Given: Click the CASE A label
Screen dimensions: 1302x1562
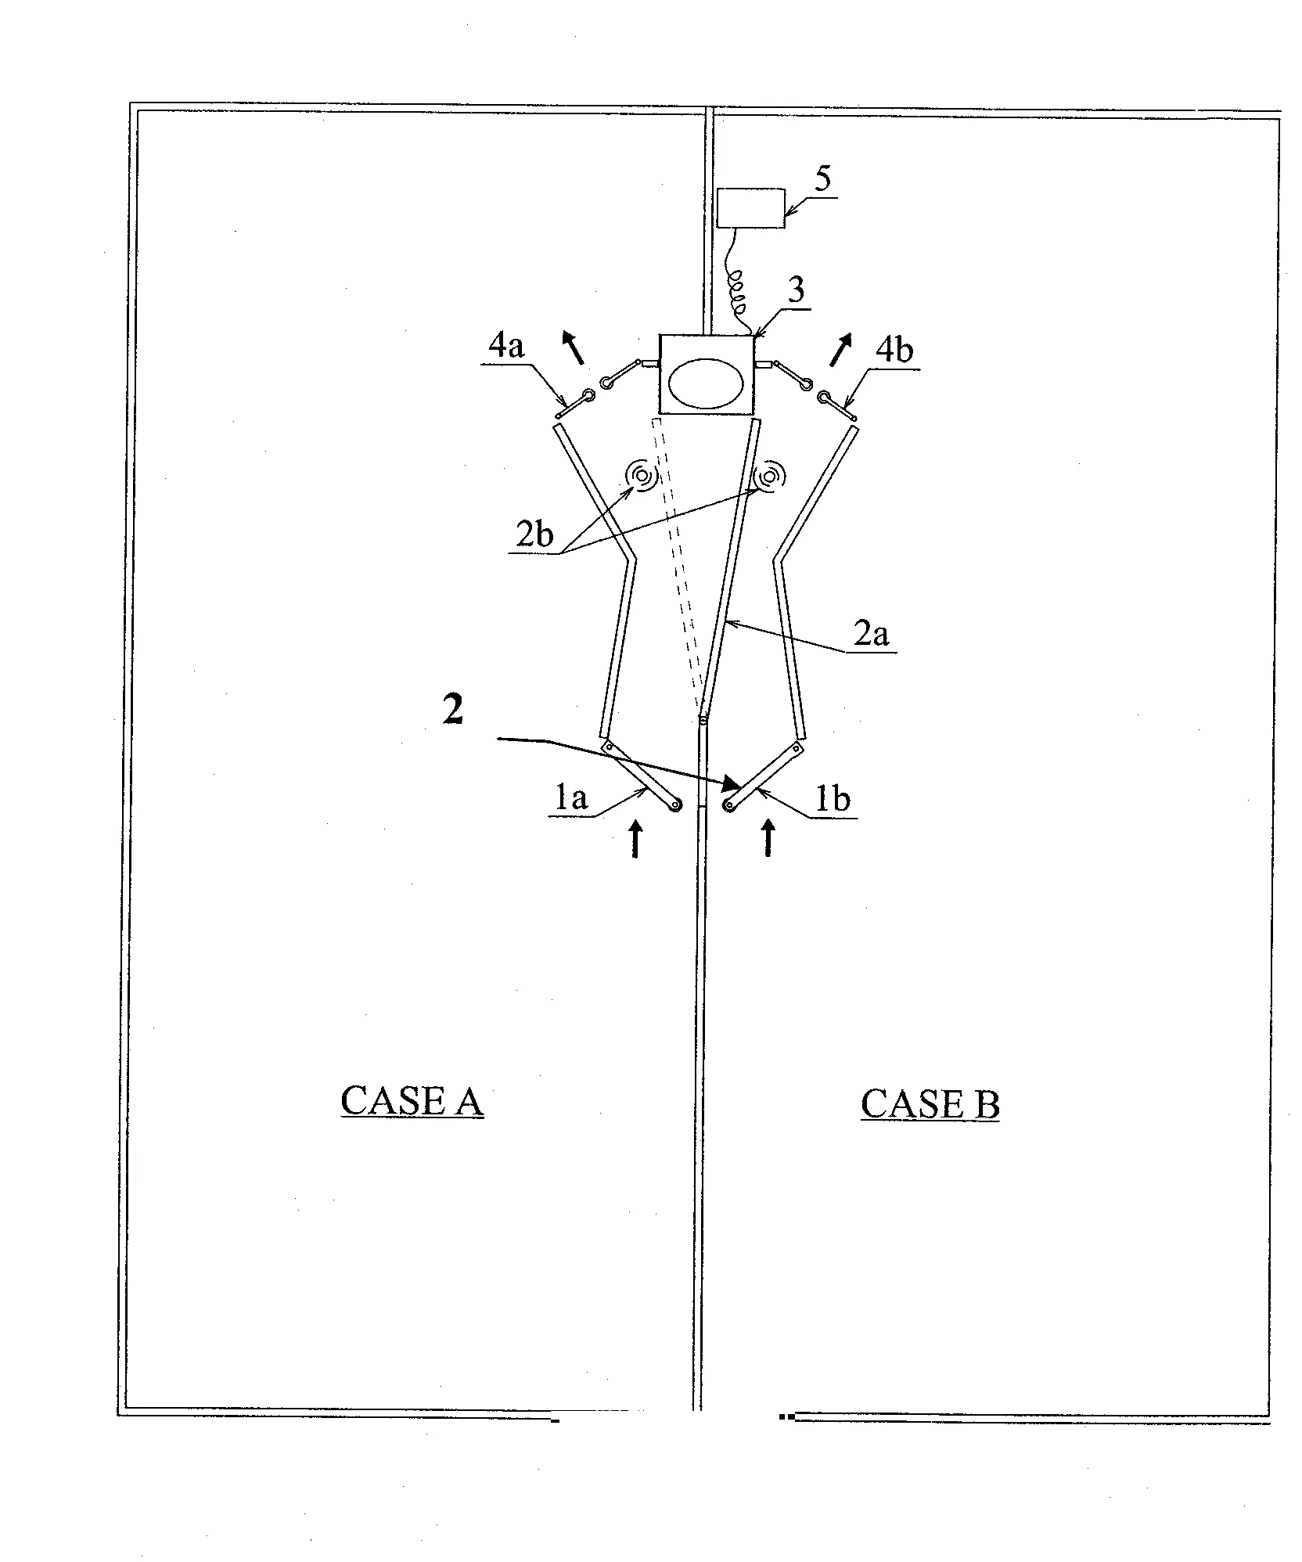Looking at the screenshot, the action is (412, 1102).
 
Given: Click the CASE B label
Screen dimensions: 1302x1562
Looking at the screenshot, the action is (930, 1104).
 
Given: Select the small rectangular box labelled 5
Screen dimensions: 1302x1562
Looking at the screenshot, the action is (750, 207).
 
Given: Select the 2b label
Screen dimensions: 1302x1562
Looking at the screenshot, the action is (534, 534).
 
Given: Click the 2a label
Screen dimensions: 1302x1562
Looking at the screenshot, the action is (871, 634).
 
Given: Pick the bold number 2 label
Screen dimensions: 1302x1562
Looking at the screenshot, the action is (452, 711).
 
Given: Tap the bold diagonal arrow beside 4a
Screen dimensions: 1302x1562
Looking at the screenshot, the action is (574, 347).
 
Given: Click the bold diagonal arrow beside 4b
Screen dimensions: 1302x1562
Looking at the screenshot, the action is (840, 349).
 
